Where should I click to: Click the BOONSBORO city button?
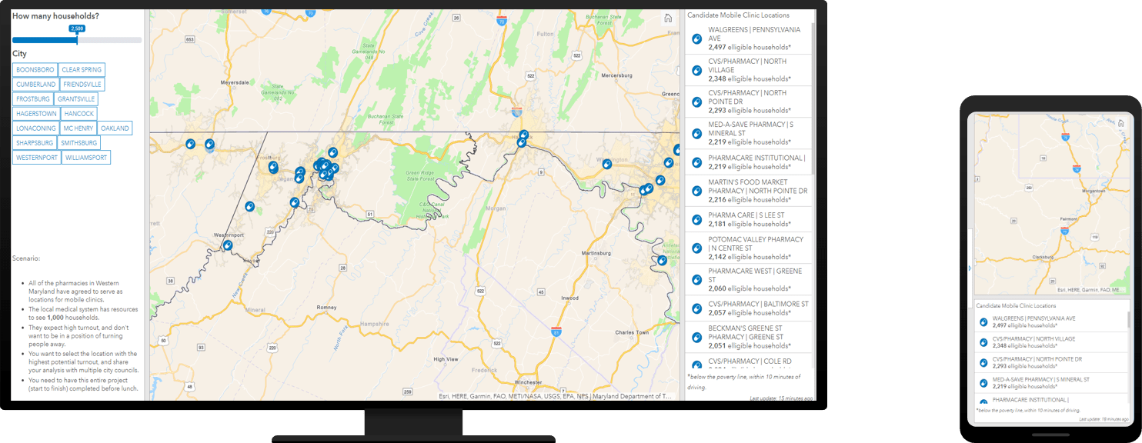tap(35, 70)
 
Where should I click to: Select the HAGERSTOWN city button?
tap(36, 114)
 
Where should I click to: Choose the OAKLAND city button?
tap(115, 128)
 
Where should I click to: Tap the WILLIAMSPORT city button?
tap(86, 158)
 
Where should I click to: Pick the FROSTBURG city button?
tap(33, 99)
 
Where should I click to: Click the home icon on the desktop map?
tap(668, 18)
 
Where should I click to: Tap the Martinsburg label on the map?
tap(595, 253)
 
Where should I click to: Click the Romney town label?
tap(327, 307)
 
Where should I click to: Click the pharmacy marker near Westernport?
tap(228, 246)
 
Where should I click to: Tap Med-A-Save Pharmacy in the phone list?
tap(1040, 379)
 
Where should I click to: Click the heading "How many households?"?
tap(55, 16)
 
